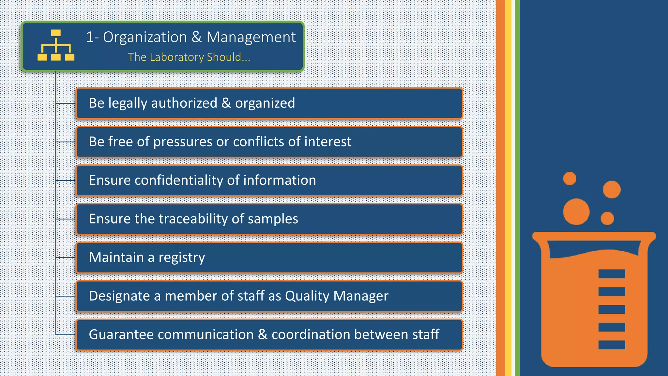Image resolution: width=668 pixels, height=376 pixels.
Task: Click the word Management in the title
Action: pos(251,37)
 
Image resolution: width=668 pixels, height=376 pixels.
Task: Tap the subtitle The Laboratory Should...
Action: pos(189,57)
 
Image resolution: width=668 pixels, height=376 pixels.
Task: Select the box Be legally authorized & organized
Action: pos(269,103)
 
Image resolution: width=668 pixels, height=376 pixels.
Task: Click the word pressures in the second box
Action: pos(183,142)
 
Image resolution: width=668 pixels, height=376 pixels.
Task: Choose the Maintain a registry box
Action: pos(269,258)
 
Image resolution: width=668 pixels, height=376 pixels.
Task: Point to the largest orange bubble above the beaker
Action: pos(576,211)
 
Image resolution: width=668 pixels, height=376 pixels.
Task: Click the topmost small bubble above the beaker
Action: pos(569,179)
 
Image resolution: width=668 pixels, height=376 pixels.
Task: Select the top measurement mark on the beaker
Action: pos(612,274)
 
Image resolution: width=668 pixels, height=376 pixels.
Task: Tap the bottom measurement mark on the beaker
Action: pos(612,345)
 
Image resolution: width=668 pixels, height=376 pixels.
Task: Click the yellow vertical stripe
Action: pos(508,188)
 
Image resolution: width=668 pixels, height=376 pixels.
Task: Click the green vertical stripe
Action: pos(517,188)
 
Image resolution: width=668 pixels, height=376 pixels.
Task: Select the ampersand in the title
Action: pos(197,37)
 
